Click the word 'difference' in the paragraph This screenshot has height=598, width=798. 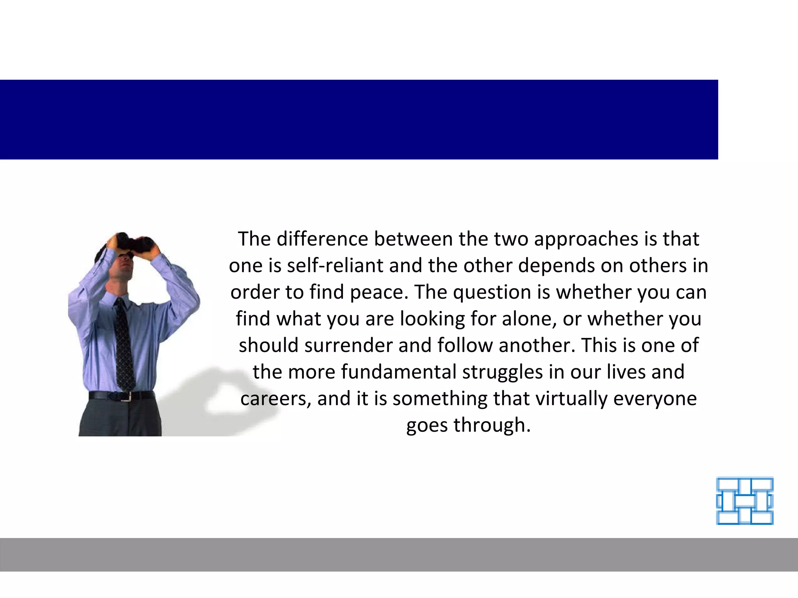[322, 239]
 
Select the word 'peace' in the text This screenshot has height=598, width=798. [379, 292]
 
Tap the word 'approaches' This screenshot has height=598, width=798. [586, 239]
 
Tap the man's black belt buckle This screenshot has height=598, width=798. [124, 396]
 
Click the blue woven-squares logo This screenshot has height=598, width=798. [745, 501]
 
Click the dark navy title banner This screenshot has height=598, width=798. [358, 120]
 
